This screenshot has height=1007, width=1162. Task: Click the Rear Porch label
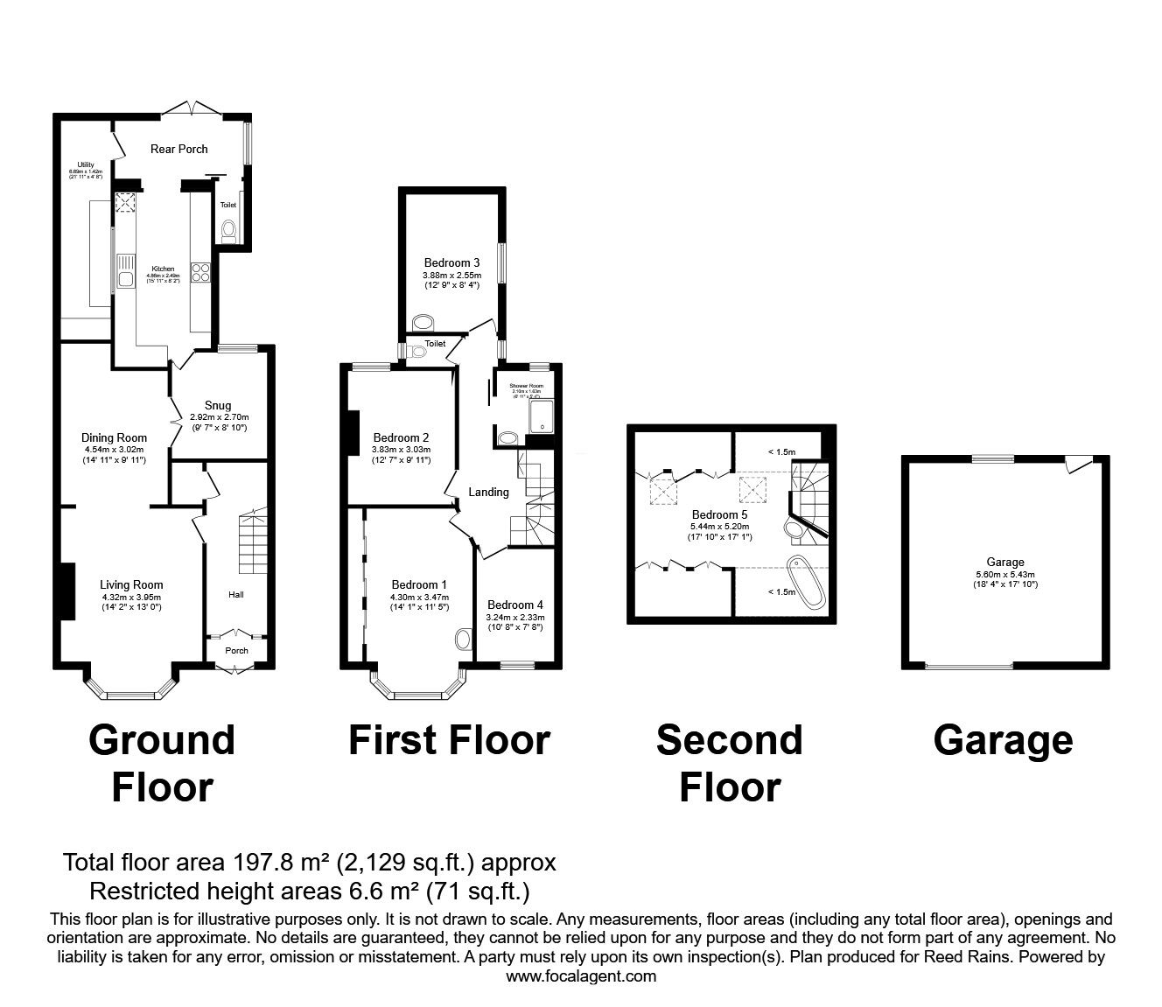click(x=178, y=149)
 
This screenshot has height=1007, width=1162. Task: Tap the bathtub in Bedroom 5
click(x=806, y=580)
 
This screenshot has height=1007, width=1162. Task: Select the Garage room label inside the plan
click(x=1004, y=563)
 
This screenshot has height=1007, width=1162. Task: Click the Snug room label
click(x=218, y=405)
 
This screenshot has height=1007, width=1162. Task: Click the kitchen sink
click(x=126, y=280)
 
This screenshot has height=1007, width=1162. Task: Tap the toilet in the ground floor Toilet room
click(x=228, y=229)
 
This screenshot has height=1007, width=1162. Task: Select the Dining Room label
click(x=114, y=437)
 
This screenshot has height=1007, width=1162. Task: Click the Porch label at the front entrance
click(x=236, y=650)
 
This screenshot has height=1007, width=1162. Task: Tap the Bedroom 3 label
click(x=451, y=262)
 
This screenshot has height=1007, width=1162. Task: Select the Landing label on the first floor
click(x=488, y=492)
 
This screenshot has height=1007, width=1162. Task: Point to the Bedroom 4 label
click(x=515, y=605)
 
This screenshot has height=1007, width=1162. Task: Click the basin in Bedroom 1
click(x=463, y=640)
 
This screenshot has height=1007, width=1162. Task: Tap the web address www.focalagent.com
click(x=581, y=976)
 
